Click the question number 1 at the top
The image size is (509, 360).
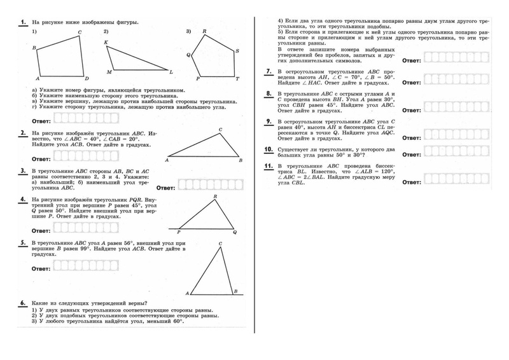click(23, 22)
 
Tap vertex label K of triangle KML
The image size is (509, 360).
click(106, 42)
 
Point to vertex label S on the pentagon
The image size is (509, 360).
click(237, 51)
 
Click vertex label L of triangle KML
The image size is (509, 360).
click(171, 71)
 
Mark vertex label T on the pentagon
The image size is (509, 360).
click(237, 79)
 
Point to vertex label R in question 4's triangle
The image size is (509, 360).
click(216, 197)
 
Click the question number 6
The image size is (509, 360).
click(23, 303)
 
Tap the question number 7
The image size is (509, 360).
click(269, 71)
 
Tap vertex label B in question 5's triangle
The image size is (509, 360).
click(235, 291)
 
